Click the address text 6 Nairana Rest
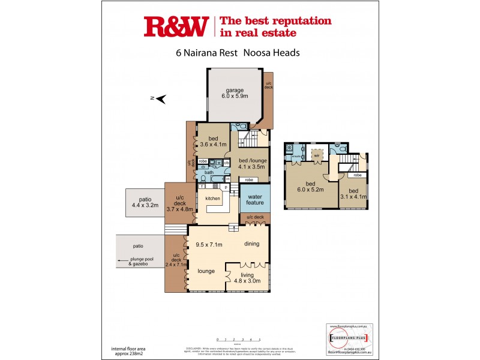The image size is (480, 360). click(206, 52)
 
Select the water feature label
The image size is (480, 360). click(255, 199)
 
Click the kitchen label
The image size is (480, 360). click(213, 198)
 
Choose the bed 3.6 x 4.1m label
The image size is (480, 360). click(213, 142)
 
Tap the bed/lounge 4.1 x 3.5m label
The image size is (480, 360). click(252, 164)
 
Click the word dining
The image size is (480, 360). click(251, 244)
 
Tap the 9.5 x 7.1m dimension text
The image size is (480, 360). click(209, 244)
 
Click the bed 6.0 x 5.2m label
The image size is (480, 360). click(310, 187)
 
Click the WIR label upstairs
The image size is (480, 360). click(316, 155)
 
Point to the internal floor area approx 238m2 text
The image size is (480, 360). click(128, 350)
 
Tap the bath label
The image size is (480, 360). click(209, 173)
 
